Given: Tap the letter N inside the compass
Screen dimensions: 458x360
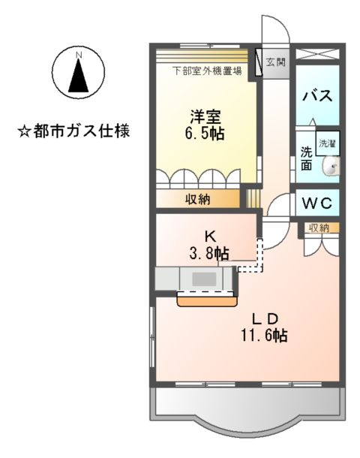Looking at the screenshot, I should [78, 53].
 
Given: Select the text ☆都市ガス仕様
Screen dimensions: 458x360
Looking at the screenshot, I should [73, 131].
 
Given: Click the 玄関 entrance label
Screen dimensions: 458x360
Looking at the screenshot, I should [275, 62].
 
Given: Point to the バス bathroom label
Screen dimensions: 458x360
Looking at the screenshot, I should [316, 96].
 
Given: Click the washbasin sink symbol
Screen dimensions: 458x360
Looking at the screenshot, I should [330, 168].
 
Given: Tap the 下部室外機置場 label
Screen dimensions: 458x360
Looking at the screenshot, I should [207, 72].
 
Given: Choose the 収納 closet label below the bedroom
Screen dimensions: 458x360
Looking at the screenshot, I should [198, 199].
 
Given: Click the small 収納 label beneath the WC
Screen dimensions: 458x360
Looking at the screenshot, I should [318, 227].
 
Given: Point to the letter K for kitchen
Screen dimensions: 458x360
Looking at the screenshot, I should [209, 236].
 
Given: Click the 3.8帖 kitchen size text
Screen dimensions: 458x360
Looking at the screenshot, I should [208, 253].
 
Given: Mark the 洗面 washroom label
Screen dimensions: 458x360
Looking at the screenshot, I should [306, 158].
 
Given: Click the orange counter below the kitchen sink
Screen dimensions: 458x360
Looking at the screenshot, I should [205, 300].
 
